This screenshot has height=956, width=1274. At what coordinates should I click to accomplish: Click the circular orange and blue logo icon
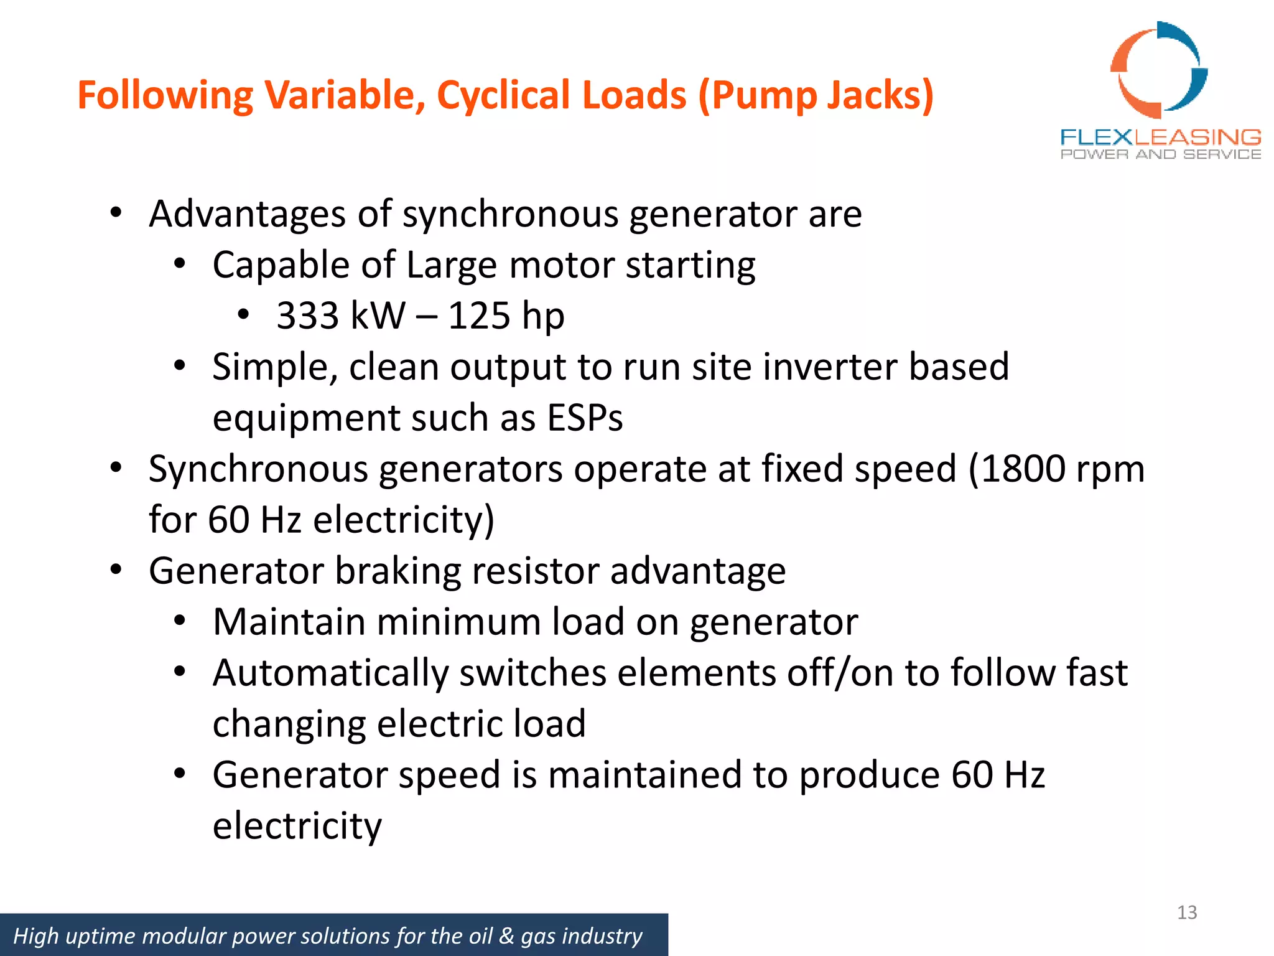click(1159, 70)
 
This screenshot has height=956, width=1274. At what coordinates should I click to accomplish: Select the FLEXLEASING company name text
click(1161, 137)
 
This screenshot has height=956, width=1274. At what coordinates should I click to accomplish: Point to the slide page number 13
click(1187, 912)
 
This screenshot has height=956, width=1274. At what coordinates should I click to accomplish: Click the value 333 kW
click(341, 316)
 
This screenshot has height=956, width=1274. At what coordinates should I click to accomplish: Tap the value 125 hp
click(506, 316)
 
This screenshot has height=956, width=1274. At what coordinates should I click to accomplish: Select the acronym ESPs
click(585, 418)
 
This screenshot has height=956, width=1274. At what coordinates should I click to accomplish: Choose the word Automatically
click(330, 673)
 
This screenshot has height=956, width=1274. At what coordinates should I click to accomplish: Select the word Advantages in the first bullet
click(248, 214)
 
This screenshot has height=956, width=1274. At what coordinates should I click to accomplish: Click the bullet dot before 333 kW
click(243, 314)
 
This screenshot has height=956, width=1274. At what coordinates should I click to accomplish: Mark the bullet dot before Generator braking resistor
click(116, 569)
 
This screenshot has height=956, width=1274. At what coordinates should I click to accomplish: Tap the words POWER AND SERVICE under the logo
click(1161, 154)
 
